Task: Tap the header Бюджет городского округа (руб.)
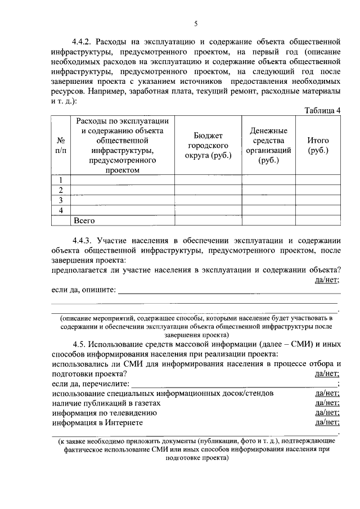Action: (208, 145)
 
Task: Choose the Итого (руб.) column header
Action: (318, 145)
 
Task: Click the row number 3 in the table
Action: (61, 200)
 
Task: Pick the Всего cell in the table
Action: (84, 220)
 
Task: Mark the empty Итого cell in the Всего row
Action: (318, 220)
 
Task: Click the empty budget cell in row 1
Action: (208, 180)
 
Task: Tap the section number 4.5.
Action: (80, 344)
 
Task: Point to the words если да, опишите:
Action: (84, 290)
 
